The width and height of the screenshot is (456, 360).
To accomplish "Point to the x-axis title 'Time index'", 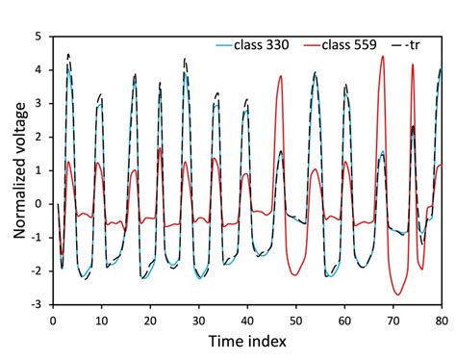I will coord(247,341).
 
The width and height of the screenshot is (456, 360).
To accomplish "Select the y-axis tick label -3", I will coord(38,305).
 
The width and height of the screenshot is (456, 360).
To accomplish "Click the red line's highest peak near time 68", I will coord(382,56).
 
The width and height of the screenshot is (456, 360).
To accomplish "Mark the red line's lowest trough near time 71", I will coord(396,295).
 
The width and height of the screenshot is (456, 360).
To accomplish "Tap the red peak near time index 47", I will coord(280,76).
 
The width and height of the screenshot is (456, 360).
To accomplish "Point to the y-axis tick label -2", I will coord(38,271).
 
